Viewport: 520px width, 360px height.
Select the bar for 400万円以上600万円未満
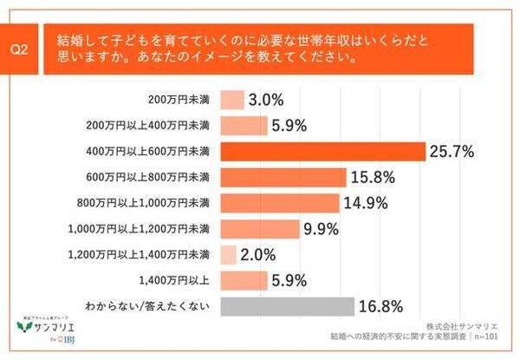pyautogui.click(x=323, y=152)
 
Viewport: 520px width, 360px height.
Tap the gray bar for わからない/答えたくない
pyautogui.click(x=288, y=306)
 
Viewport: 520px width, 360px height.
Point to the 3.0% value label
pyautogui.click(x=264, y=101)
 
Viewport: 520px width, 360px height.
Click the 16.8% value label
pyautogui.click(x=381, y=306)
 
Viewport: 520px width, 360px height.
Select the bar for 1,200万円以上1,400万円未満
pyautogui.click(x=229, y=255)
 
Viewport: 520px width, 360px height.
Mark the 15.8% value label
pyautogui.click(x=373, y=178)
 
